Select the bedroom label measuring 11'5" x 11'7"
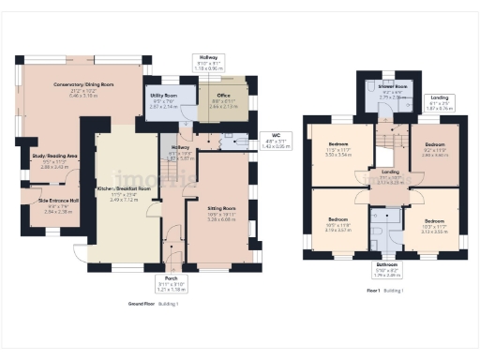tap(338, 149)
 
